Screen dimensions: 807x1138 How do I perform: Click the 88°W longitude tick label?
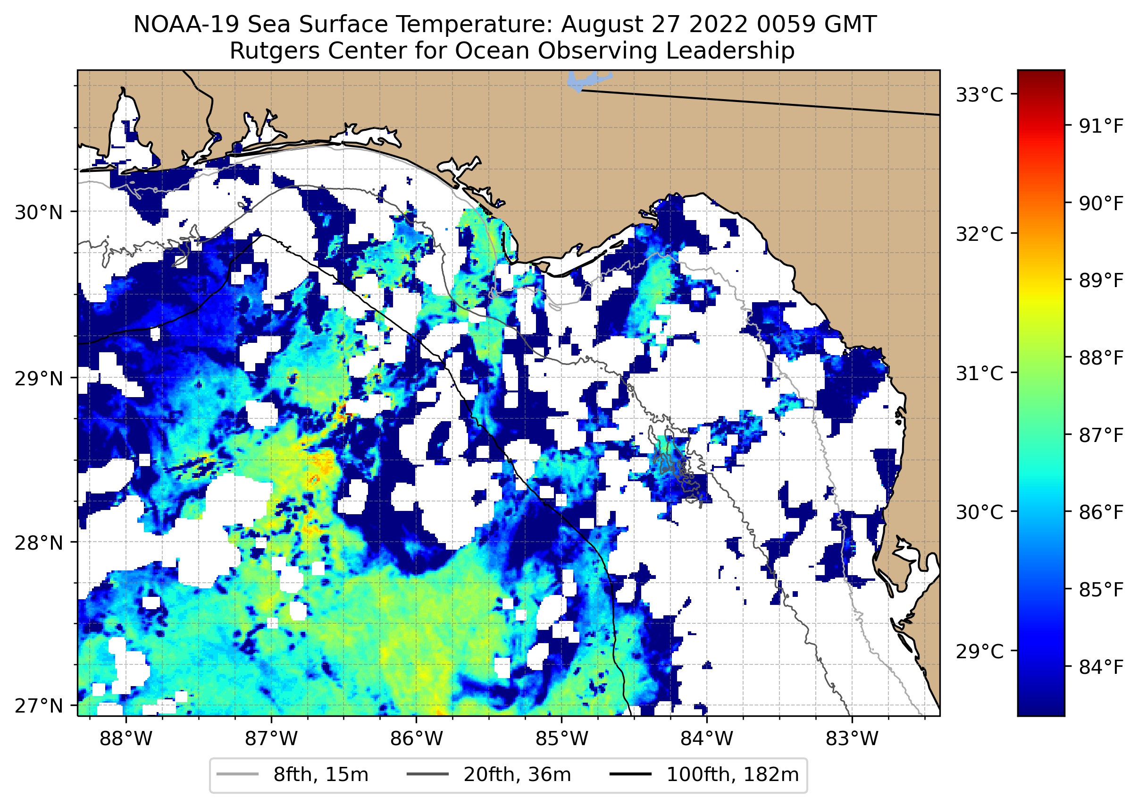pos(126,739)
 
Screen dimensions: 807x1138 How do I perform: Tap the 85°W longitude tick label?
pos(561,739)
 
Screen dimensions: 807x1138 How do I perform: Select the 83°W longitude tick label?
pos(852,739)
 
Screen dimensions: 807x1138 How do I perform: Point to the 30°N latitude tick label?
pos(39,212)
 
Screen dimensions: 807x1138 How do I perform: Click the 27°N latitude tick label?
pos(39,705)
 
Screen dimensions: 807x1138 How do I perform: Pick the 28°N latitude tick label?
pos(39,543)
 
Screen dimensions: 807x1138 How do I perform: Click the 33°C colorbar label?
pos(979,94)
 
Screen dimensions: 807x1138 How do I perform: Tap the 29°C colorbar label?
pos(979,651)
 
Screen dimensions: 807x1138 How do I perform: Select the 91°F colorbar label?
pos(1101,126)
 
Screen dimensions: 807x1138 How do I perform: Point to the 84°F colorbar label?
pos(1101,667)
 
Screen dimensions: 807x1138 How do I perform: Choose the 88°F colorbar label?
pos(1101,358)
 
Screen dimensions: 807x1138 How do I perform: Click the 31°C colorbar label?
pos(979,373)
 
